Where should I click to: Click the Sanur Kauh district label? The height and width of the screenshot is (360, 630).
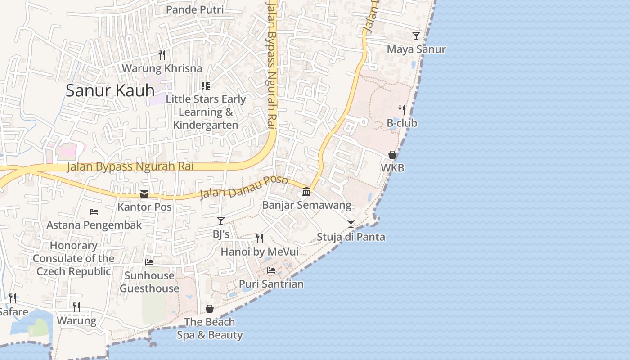coord(110,90)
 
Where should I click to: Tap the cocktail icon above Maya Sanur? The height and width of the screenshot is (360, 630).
coord(416,36)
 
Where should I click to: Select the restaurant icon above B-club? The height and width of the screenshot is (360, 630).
coord(402,109)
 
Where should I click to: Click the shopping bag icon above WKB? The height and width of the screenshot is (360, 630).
coord(392,155)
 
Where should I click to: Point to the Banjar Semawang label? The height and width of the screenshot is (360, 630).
coord(306,206)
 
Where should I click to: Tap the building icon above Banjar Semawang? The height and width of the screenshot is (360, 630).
coord(306,192)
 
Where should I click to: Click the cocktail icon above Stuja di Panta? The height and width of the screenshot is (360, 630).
coord(351,223)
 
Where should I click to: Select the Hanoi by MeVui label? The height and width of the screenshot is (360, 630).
coord(260,252)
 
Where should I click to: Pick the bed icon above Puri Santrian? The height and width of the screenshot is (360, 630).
coord(271,270)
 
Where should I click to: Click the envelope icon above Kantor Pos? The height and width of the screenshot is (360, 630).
coord(144,194)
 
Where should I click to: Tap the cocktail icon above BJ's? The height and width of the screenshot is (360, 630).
coord(221,220)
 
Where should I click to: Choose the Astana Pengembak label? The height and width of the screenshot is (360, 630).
coord(94,225)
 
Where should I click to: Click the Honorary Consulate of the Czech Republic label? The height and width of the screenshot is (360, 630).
coord(73,258)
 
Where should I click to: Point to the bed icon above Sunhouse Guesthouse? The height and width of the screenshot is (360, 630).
coord(149,262)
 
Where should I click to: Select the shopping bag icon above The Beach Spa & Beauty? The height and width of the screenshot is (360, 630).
coord(210,309)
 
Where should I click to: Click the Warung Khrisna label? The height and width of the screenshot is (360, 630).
coord(162,68)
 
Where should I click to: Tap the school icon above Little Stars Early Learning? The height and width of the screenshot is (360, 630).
coord(206,85)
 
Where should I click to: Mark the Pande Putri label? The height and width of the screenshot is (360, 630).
coord(195,9)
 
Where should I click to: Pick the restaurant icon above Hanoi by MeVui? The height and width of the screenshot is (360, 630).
coord(260,238)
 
